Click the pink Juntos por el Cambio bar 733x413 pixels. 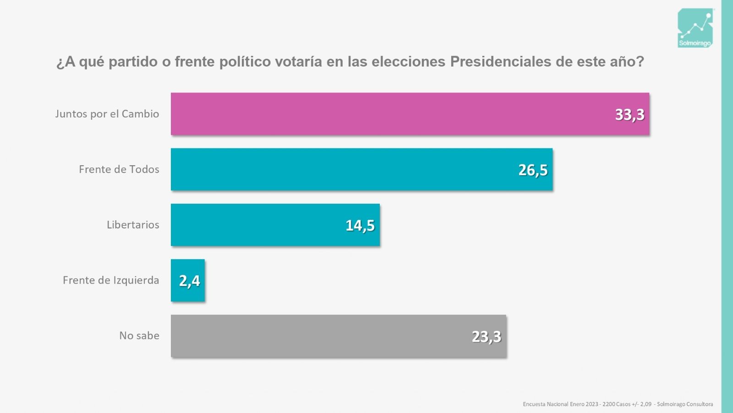click(x=389, y=114)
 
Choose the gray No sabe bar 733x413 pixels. click(x=321, y=336)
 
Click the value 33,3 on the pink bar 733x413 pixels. click(x=629, y=114)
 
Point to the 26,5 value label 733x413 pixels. click(x=533, y=170)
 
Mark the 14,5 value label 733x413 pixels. click(x=360, y=225)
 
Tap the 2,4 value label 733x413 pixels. click(x=189, y=281)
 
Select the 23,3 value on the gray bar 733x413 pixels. click(x=487, y=336)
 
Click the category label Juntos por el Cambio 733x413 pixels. click(x=107, y=114)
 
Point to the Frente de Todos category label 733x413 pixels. click(x=119, y=169)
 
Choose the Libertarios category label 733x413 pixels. click(x=133, y=225)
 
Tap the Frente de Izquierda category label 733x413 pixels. click(x=111, y=280)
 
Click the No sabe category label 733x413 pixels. click(x=139, y=336)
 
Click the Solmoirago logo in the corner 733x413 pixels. click(x=695, y=28)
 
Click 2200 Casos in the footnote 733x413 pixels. click(x=616, y=404)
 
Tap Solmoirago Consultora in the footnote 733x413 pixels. click(x=685, y=404)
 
